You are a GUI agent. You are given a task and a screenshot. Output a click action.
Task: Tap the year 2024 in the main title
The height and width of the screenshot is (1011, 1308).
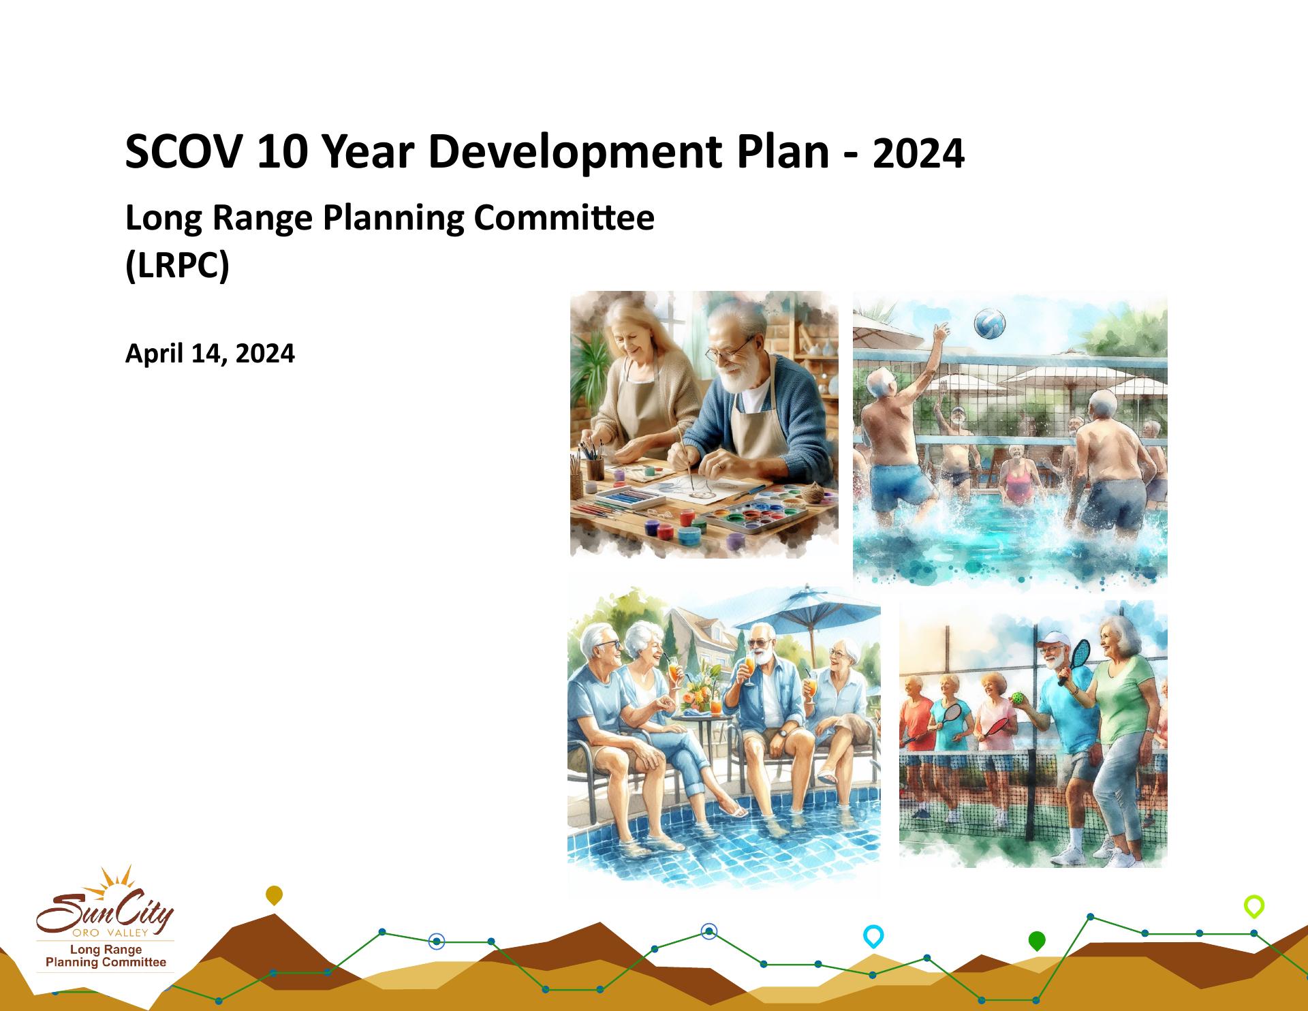[x=918, y=154]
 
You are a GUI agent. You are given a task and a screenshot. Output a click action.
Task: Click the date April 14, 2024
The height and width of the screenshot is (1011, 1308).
[x=210, y=354]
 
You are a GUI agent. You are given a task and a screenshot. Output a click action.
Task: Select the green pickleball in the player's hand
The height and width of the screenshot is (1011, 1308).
[x=1017, y=699]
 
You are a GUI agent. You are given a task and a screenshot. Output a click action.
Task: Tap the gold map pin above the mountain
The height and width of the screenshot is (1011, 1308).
[x=274, y=895]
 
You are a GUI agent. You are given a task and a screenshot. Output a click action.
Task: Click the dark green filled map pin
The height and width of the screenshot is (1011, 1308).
[x=1036, y=941]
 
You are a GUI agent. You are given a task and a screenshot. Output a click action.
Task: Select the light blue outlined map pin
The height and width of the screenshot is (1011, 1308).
[x=873, y=936]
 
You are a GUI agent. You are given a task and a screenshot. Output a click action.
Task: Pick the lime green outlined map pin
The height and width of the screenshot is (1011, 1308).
[x=1254, y=907]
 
